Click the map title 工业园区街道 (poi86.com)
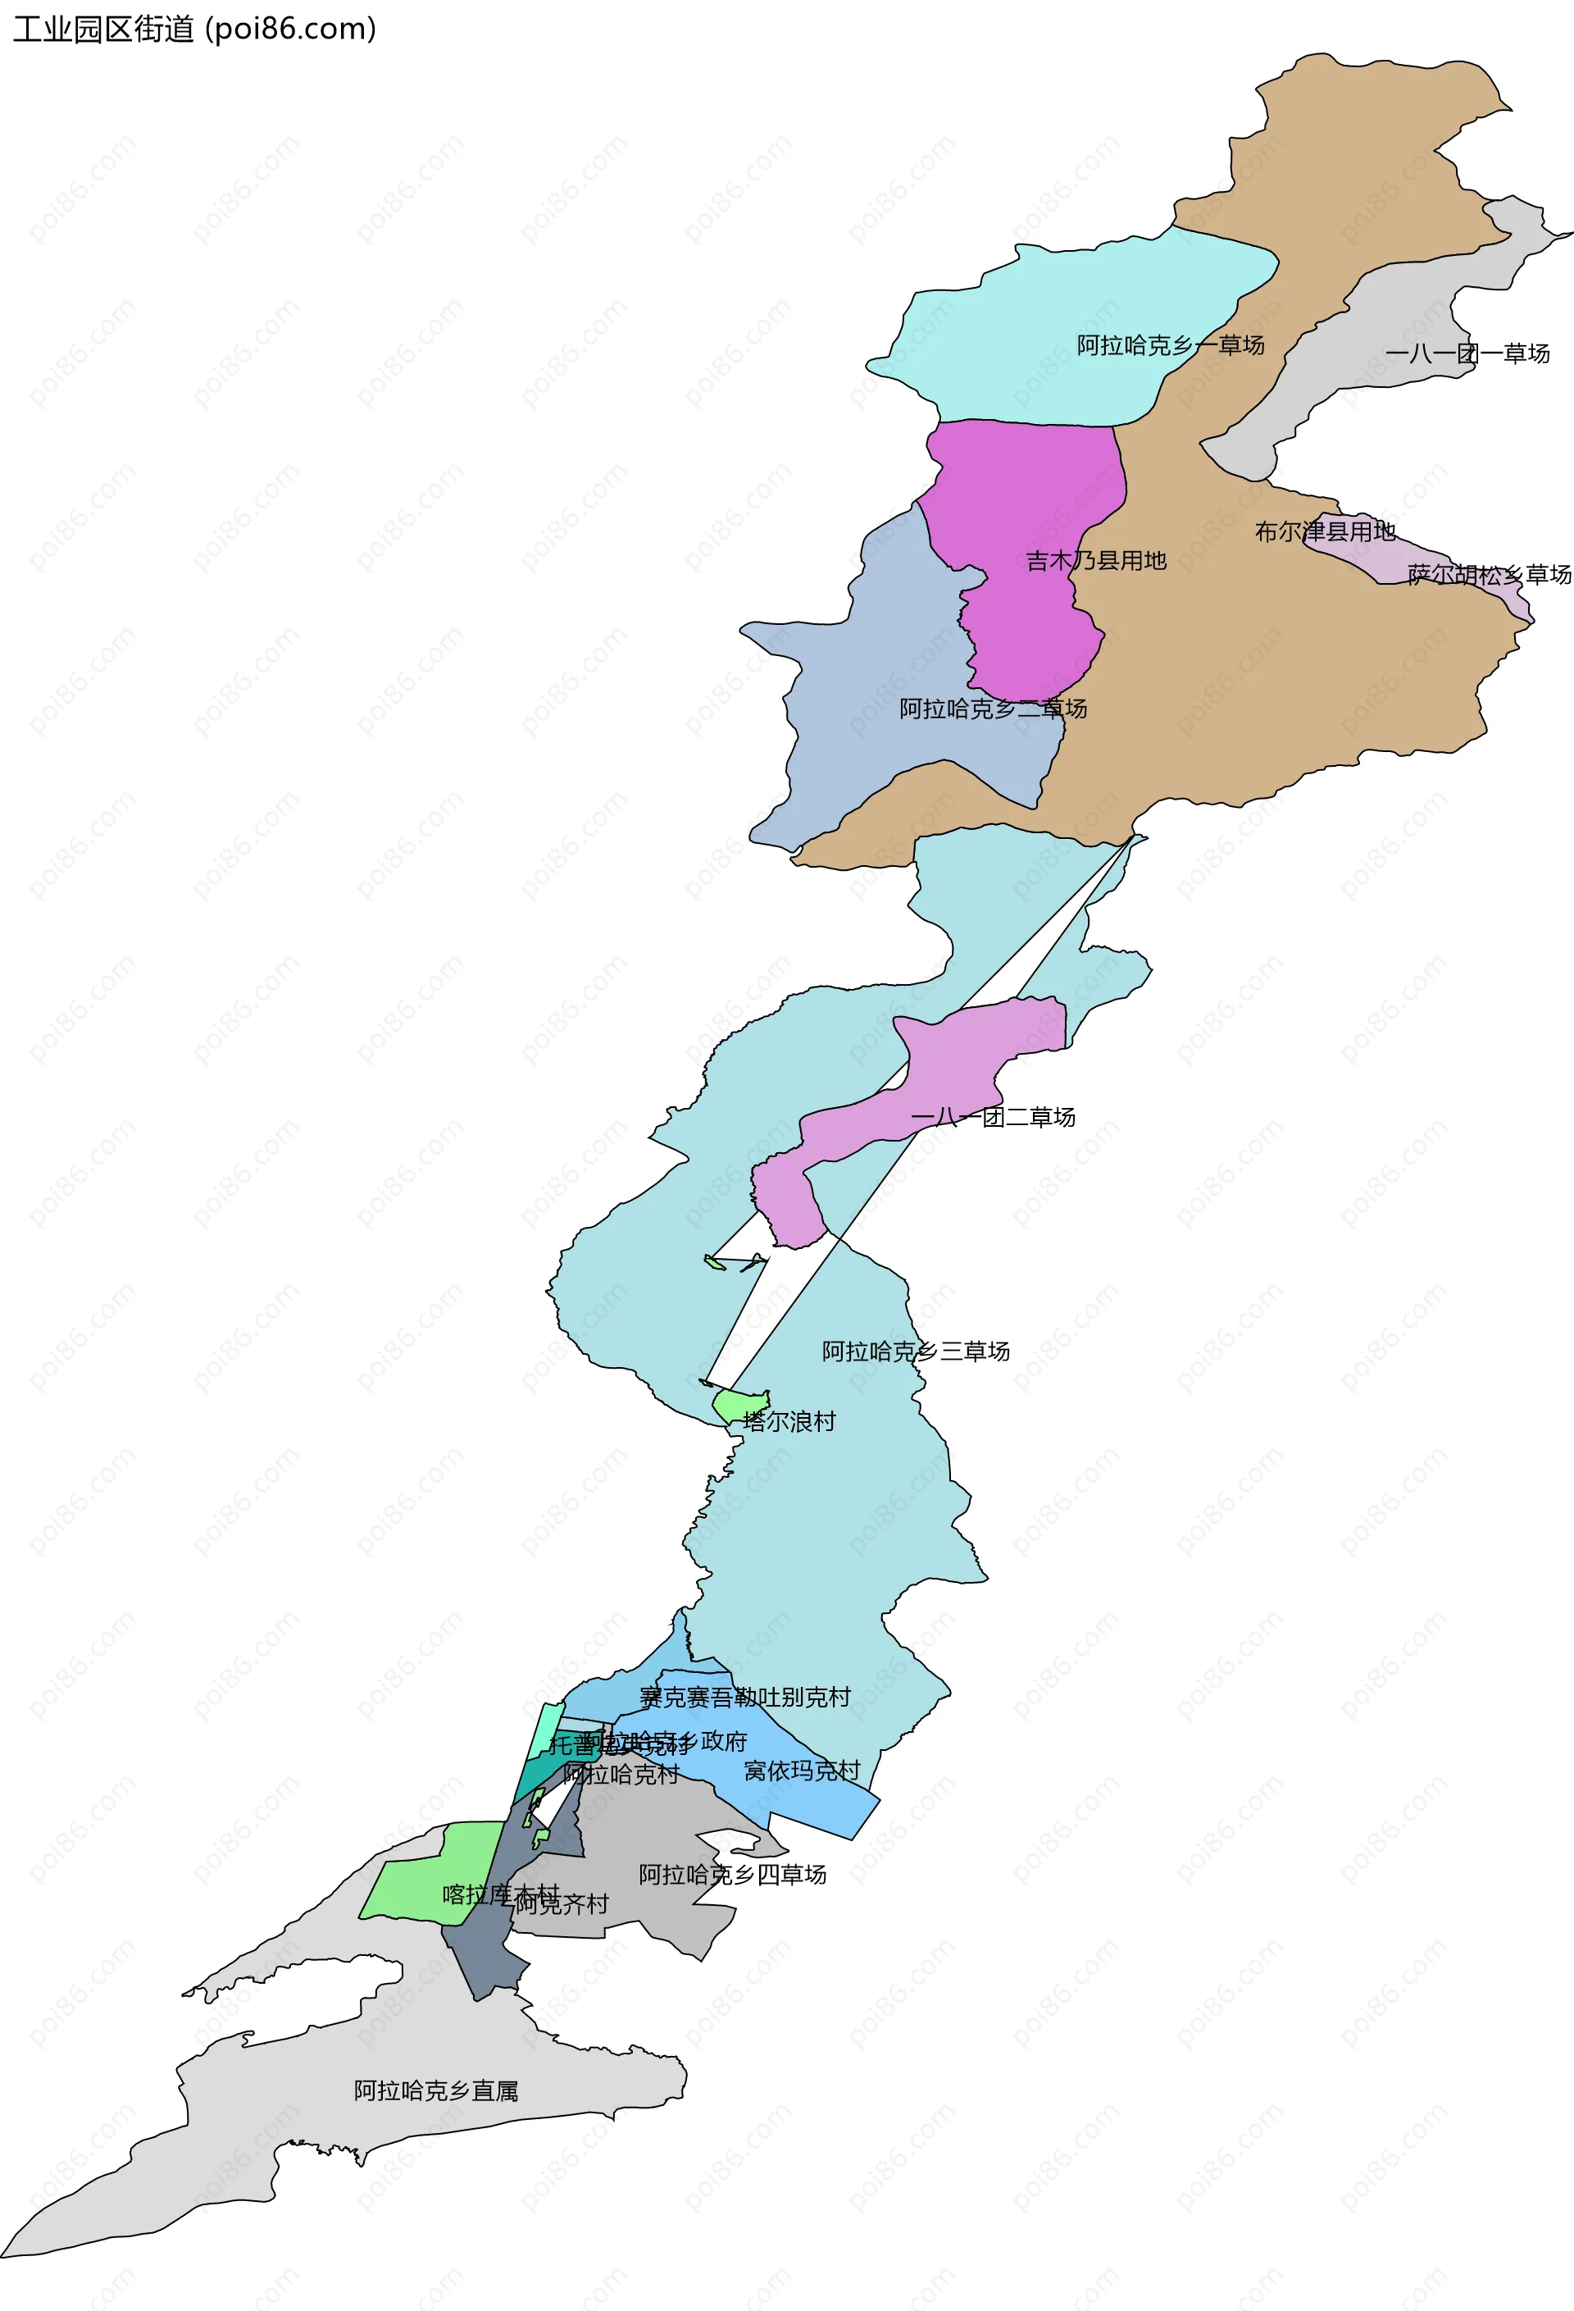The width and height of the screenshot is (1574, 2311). click(194, 29)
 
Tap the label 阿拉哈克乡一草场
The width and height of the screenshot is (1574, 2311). click(1171, 345)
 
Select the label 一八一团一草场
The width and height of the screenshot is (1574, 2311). click(1467, 353)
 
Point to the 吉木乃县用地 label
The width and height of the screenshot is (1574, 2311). click(1096, 561)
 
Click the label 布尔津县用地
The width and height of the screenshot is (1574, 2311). click(1325, 532)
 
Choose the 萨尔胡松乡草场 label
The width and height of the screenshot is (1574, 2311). click(1489, 575)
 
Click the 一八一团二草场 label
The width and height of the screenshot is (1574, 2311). click(992, 1118)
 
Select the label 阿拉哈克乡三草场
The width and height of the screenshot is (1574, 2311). click(915, 1352)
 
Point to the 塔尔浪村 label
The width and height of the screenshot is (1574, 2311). click(789, 1422)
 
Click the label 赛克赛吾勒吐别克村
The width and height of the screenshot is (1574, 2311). click(744, 1698)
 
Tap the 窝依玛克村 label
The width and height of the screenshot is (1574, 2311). click(802, 1771)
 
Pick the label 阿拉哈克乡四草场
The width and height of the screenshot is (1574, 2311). click(732, 1875)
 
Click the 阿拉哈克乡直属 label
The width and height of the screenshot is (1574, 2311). click(435, 2091)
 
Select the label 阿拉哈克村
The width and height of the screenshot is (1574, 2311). click(621, 1774)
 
